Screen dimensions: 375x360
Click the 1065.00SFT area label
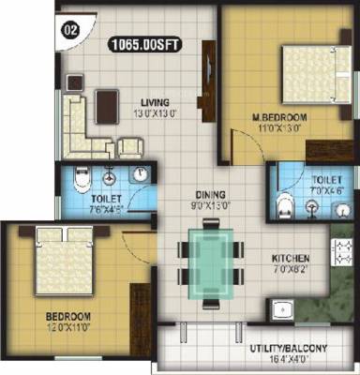(x=146, y=42)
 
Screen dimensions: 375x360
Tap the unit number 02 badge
(x=69, y=27)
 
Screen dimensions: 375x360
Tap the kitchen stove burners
(x=338, y=256)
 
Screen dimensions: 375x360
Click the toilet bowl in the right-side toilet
(x=286, y=204)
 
